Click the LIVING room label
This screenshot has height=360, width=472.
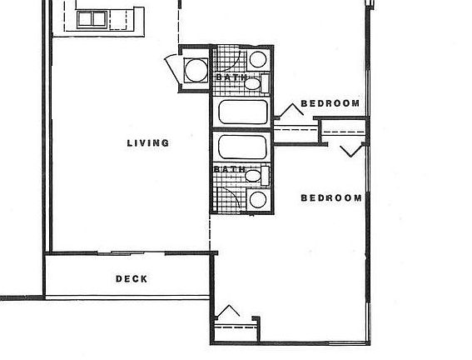(147, 142)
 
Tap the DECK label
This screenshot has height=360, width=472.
(132, 279)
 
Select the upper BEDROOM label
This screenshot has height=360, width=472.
(330, 104)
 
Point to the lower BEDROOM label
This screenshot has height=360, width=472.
(330, 198)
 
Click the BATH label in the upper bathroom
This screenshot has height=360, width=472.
(231, 77)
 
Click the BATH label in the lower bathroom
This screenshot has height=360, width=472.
(229, 169)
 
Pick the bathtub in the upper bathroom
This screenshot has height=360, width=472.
(243, 111)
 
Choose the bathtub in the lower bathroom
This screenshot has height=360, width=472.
(243, 147)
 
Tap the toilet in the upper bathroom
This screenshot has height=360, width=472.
(260, 82)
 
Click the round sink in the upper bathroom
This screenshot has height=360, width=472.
(258, 60)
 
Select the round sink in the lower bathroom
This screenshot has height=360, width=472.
(258, 199)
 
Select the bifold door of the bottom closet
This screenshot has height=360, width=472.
(226, 314)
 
